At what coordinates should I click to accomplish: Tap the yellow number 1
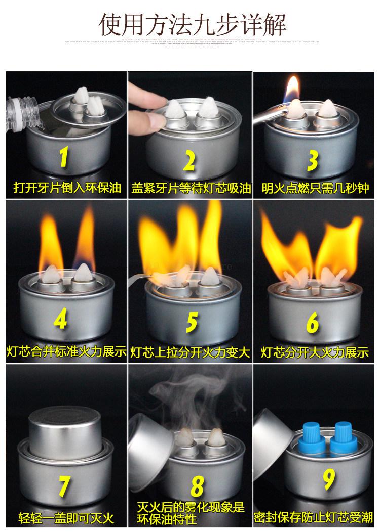click(x=63, y=157)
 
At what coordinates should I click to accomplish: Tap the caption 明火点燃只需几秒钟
click(x=315, y=188)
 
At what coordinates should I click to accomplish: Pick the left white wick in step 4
click(x=52, y=275)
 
